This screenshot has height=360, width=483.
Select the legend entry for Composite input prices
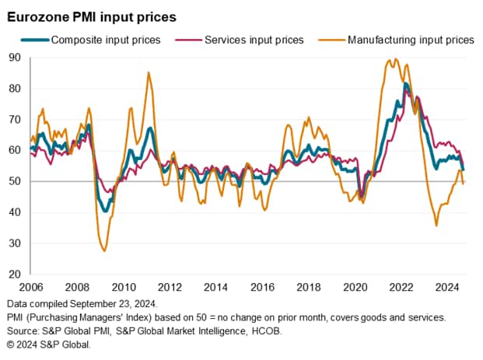106,39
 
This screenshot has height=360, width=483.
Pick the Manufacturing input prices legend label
411,39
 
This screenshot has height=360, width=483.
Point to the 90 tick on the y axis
15,57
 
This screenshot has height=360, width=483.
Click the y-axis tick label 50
15,181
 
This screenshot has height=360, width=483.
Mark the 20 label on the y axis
15,274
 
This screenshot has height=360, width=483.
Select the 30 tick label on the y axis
15,243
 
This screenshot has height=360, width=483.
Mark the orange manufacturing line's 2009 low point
104,250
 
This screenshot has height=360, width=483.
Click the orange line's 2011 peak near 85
149,72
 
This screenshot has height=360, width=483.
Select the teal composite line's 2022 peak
406,83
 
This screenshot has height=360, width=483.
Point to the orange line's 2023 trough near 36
436,225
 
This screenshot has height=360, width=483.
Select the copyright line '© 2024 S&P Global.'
48,343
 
